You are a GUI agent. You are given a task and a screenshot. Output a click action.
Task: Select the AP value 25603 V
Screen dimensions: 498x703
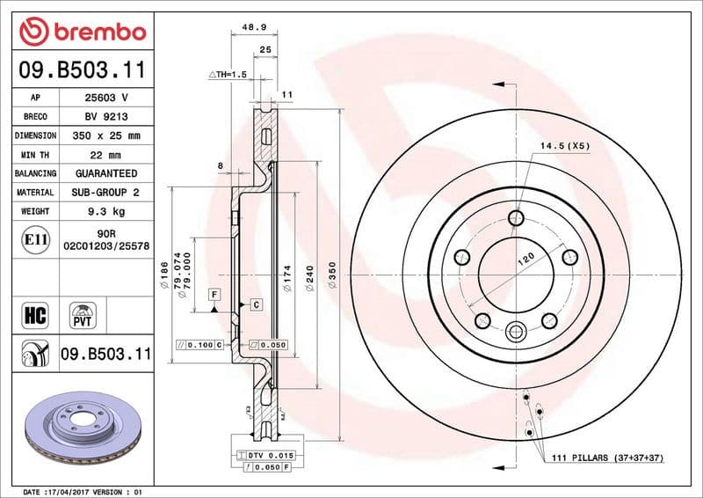(x=105, y=98)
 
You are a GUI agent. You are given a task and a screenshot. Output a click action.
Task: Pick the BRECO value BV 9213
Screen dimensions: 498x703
(x=105, y=116)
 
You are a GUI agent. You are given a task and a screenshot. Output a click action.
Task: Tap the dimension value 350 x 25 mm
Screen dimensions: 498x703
(x=105, y=135)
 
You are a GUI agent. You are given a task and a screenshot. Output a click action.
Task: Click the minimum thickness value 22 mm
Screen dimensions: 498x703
(x=105, y=155)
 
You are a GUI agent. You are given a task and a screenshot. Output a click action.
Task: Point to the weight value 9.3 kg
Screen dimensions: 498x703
(x=105, y=211)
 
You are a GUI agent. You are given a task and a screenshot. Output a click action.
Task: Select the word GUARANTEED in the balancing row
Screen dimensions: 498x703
(x=105, y=173)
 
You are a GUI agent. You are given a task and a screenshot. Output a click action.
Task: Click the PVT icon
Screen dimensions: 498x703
(x=84, y=314)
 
